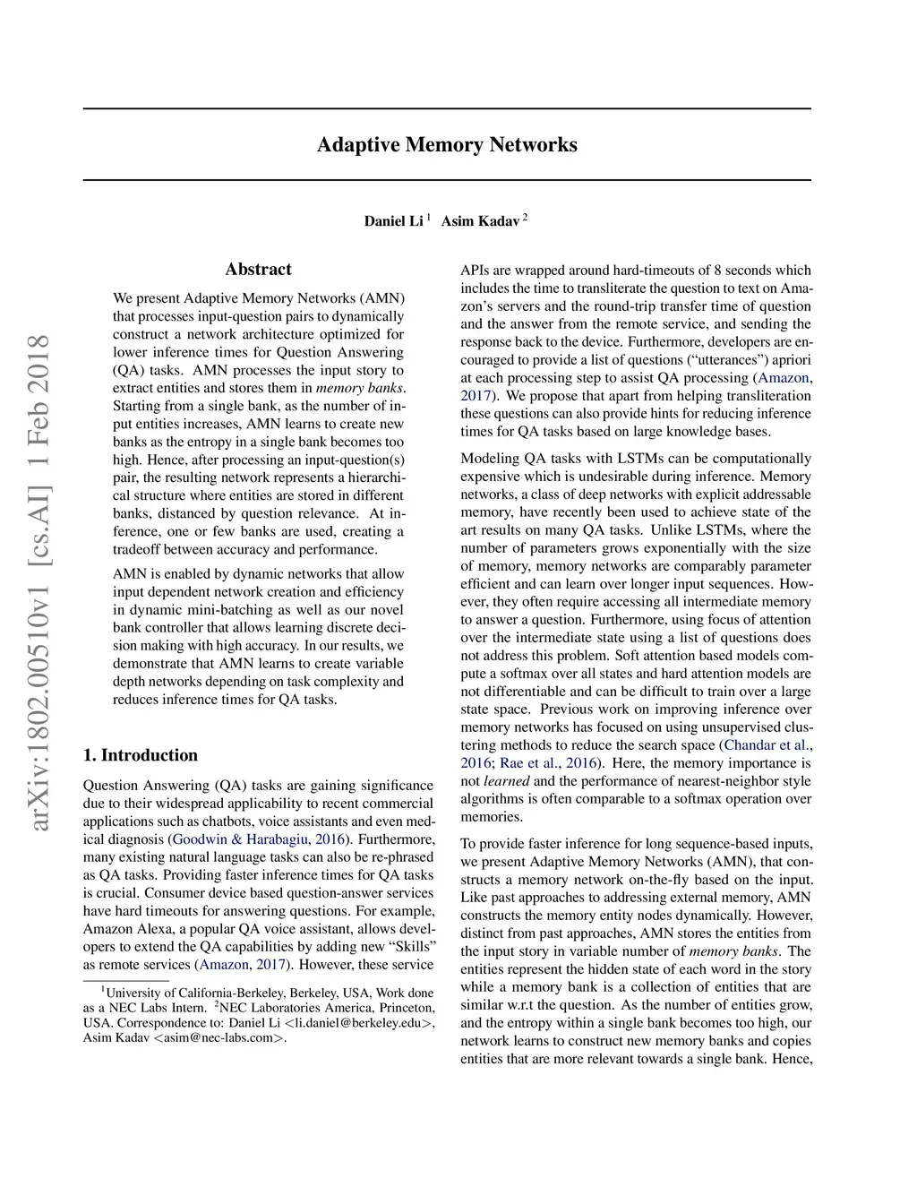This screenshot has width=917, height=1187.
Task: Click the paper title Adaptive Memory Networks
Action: (447, 145)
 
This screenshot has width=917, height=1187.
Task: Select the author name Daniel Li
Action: (393, 221)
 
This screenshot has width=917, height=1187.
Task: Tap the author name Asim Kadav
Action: (480, 221)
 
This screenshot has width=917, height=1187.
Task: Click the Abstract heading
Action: (258, 270)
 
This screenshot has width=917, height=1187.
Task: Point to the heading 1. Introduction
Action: (140, 755)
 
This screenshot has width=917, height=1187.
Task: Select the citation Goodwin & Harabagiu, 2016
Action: (260, 839)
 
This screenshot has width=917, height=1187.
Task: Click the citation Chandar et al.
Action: (767, 745)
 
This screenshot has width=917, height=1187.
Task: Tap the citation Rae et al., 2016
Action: (549, 763)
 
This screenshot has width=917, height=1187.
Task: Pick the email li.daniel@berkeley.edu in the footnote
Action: (358, 1023)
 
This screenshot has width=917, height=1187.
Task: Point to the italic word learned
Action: (507, 781)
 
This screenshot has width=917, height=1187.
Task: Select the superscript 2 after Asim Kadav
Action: (525, 217)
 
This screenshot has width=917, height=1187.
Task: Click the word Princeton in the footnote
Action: (405, 1008)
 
